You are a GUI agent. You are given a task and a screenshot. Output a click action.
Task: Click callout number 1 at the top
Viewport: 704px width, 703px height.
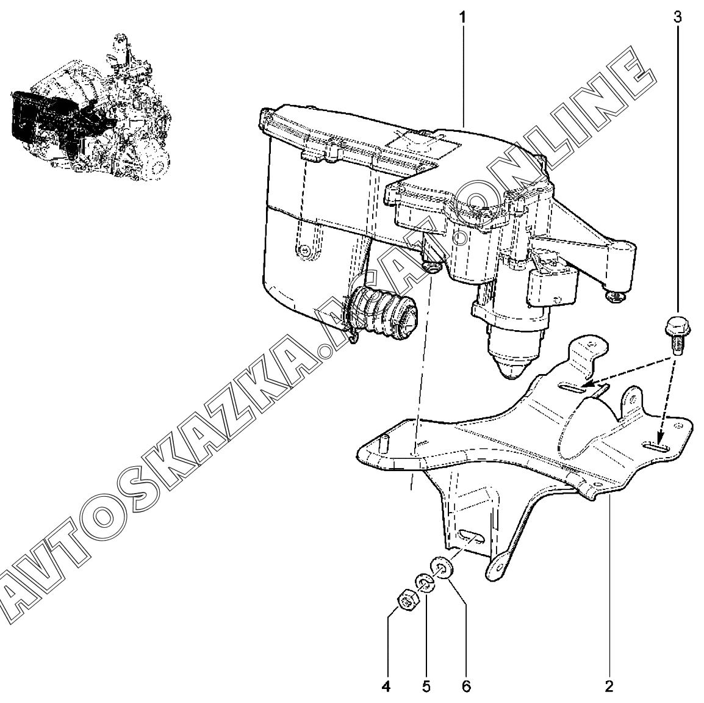[462, 16]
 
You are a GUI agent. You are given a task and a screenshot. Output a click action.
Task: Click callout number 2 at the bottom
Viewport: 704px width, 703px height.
[609, 686]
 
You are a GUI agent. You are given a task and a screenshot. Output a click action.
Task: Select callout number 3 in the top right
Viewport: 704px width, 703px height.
[677, 16]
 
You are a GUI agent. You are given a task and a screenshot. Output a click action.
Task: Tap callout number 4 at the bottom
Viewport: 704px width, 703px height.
[386, 686]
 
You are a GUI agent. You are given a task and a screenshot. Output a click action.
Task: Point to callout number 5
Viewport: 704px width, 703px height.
[426, 686]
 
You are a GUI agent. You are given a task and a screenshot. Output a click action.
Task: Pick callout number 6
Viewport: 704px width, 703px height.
[466, 686]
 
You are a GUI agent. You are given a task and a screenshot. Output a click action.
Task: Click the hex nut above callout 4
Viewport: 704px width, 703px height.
[405, 601]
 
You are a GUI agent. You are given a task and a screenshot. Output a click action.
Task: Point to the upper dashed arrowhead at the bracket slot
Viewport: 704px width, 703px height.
[587, 384]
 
